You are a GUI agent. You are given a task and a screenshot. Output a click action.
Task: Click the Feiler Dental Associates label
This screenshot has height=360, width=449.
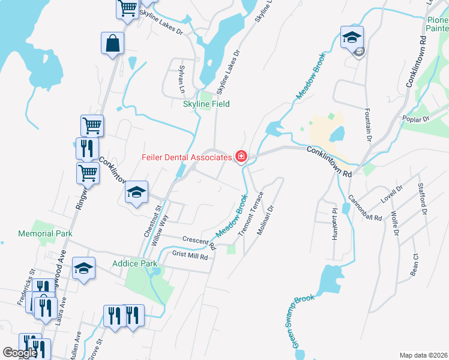coord(186,158)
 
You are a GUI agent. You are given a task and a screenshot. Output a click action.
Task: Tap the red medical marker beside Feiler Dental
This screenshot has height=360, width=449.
coord(241,157)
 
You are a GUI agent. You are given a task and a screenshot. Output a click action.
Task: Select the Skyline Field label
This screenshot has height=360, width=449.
coord(206,104)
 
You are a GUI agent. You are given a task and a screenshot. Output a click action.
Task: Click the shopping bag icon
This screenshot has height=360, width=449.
coord(112,44)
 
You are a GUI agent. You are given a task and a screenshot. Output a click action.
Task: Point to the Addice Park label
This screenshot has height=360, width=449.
coord(134,263)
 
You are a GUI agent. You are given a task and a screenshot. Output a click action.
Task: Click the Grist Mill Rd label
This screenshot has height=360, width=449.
coord(190,256)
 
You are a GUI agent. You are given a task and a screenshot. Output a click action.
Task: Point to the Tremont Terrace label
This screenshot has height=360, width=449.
coord(252,214)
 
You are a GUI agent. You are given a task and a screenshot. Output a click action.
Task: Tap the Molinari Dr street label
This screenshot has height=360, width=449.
coord(267,221)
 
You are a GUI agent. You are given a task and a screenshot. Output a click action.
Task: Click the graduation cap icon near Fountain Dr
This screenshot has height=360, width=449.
coord(351,38)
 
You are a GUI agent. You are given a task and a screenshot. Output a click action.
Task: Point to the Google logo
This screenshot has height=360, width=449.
coord(20,353)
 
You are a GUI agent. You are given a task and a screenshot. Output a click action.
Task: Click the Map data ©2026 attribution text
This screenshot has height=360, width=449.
coord(423,355)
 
